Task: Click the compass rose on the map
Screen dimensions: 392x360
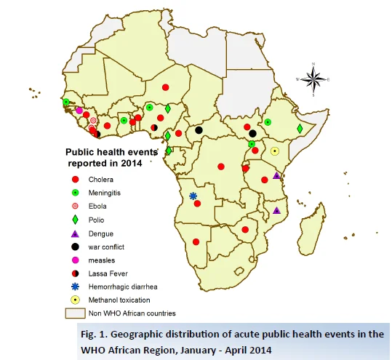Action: [x=313, y=79]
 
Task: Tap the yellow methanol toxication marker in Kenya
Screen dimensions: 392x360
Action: [x=275, y=151]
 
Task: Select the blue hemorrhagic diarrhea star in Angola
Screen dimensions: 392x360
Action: [x=193, y=196]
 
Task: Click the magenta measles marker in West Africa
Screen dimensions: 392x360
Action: [x=79, y=111]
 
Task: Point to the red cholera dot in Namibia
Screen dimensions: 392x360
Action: [x=196, y=241]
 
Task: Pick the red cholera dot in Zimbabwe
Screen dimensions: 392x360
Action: [x=245, y=230]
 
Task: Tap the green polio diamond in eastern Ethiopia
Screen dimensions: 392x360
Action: [x=300, y=129]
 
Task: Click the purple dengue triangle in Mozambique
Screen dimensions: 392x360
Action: [x=276, y=210]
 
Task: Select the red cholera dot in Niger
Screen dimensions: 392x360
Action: [x=166, y=87]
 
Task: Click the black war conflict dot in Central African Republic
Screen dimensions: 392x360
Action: [x=199, y=130]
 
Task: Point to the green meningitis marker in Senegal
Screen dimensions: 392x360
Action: [x=66, y=102]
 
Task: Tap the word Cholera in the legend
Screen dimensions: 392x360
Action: [x=101, y=180]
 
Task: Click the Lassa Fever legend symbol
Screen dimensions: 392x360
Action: [x=75, y=273]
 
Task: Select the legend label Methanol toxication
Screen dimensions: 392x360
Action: [x=119, y=300]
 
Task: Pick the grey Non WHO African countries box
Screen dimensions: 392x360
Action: [x=75, y=313]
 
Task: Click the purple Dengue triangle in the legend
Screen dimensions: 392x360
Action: [x=75, y=233]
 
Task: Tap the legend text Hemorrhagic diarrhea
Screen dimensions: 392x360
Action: [x=123, y=287]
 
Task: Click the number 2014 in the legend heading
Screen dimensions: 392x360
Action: [x=132, y=163]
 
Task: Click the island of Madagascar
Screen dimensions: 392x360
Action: [x=311, y=229]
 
